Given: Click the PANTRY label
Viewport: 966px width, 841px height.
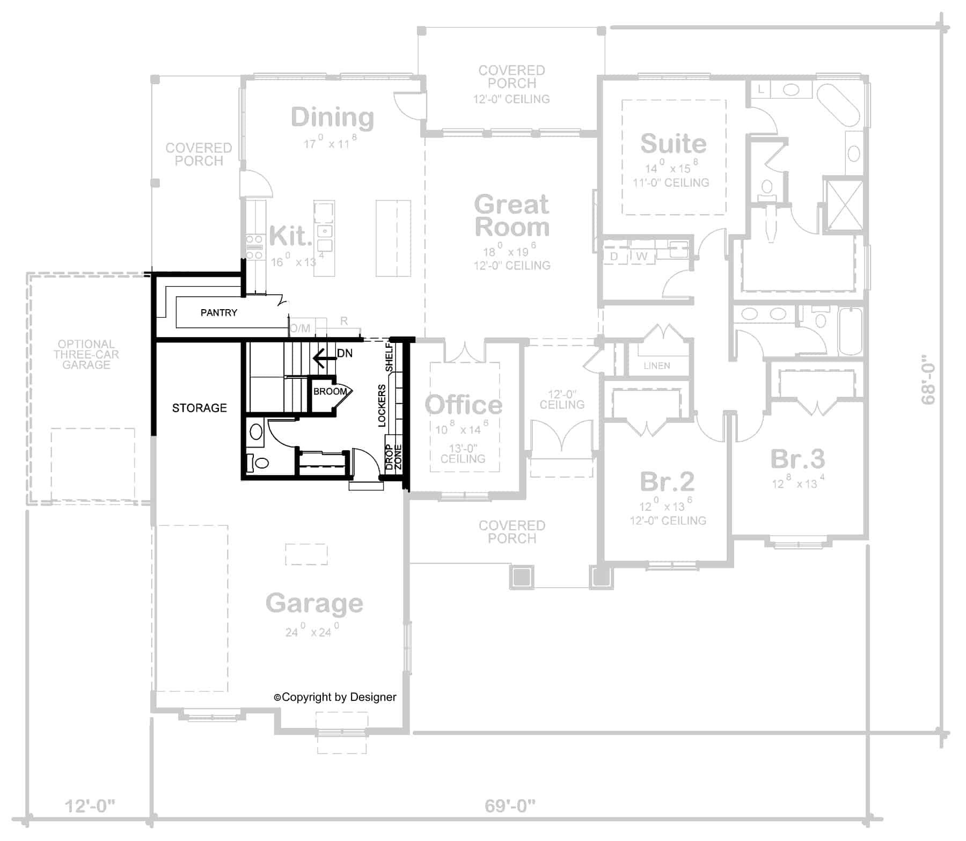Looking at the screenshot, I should tap(218, 312).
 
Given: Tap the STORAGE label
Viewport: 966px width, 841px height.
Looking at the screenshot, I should tap(199, 408).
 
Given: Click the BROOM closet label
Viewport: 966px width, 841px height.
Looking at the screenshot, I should tap(330, 392).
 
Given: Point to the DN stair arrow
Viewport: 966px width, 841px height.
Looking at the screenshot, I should tap(322, 356).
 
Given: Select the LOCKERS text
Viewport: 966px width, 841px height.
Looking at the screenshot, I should tap(382, 406).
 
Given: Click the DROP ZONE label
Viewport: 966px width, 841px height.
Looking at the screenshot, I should tap(393, 457).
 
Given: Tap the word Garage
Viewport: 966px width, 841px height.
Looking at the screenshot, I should tap(314, 603).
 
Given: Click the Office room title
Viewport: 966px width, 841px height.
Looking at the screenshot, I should tap(463, 405).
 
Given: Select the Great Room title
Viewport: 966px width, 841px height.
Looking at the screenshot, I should tap(511, 216).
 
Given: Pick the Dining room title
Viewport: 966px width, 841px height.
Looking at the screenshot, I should tap(332, 118).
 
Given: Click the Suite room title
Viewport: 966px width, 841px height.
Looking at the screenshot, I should tap(673, 144).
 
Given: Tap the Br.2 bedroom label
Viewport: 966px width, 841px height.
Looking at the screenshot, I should tap(667, 481).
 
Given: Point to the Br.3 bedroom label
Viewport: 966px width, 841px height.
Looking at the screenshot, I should tap(797, 459).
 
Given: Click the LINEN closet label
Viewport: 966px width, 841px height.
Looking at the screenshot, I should tap(657, 365).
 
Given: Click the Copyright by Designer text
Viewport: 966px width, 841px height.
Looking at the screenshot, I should tap(335, 697).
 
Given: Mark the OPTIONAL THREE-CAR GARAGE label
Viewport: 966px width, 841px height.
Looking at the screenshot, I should tap(86, 354).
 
